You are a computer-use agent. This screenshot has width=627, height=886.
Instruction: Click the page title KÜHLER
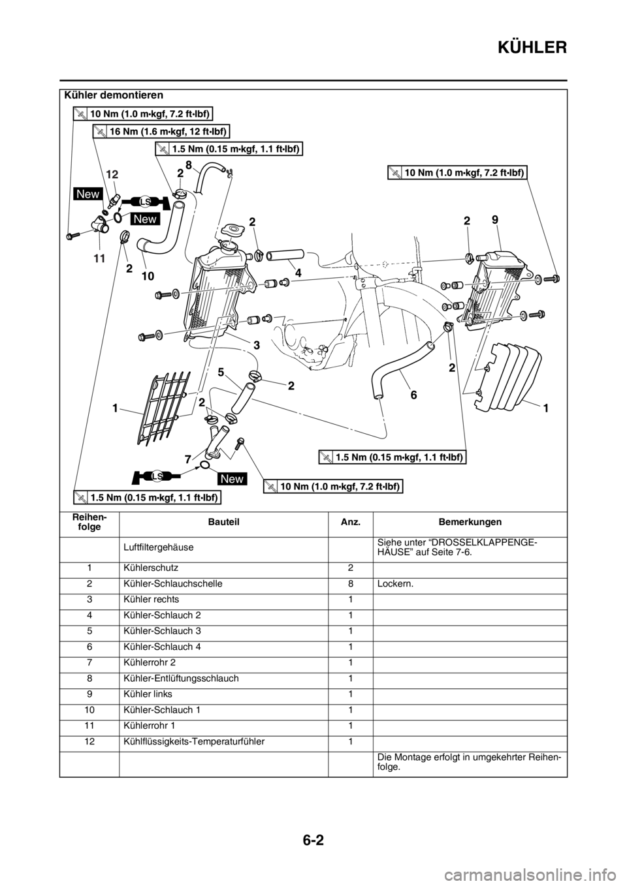(532, 48)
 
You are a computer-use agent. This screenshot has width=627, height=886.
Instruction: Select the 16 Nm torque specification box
(161, 131)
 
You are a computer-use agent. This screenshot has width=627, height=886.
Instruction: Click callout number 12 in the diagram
(113, 174)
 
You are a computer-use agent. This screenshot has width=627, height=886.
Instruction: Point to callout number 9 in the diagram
(496, 220)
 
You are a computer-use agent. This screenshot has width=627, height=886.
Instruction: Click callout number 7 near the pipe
(188, 459)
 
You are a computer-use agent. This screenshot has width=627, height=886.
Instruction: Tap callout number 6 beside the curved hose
(413, 395)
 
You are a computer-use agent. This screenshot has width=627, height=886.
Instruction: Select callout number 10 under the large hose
(148, 276)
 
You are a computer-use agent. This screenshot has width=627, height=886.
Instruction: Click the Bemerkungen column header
(470, 522)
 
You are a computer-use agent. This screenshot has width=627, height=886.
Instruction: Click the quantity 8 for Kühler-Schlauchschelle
(350, 583)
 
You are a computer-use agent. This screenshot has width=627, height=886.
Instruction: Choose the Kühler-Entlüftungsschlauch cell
(182, 679)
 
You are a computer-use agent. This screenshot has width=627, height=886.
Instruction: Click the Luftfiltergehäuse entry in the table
(159, 548)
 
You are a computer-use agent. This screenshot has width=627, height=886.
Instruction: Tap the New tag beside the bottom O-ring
(232, 479)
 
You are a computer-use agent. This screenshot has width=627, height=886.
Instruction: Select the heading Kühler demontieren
(114, 95)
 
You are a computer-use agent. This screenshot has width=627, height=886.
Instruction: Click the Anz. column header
(351, 522)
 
